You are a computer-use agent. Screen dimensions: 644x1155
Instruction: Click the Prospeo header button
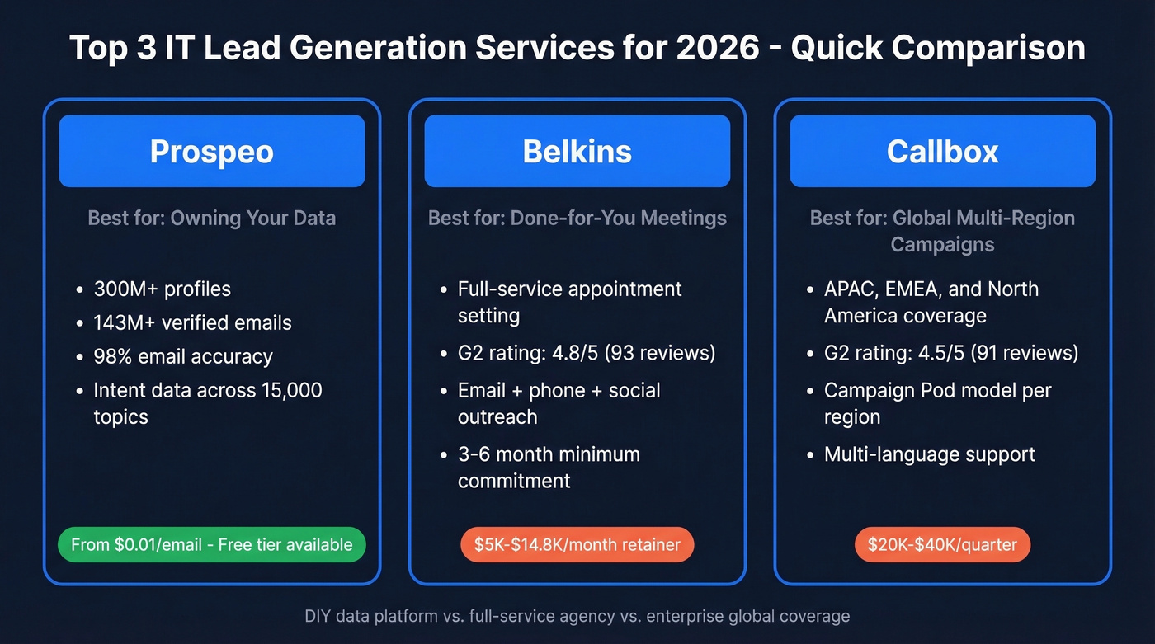tap(211, 151)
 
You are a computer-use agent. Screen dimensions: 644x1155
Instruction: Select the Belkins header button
tap(577, 151)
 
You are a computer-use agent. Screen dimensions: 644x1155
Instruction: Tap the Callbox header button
tap(942, 151)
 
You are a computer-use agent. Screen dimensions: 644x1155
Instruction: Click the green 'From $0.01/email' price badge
tap(211, 544)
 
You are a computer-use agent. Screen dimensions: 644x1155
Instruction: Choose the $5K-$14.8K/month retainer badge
tap(577, 544)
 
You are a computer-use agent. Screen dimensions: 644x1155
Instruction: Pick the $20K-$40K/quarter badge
tap(942, 544)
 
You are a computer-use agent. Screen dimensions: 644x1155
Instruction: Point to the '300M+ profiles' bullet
tap(162, 289)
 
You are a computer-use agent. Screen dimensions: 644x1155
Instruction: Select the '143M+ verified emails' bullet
tap(192, 322)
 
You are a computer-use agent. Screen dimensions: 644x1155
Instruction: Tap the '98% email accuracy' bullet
tap(182, 356)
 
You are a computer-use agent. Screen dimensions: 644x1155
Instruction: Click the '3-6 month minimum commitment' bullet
tap(549, 467)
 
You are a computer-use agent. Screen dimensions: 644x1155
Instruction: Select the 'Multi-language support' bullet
tap(929, 454)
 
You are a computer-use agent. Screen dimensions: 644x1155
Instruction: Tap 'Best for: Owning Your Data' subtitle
tap(211, 219)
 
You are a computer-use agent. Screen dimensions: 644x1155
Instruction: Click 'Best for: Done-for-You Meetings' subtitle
tap(577, 219)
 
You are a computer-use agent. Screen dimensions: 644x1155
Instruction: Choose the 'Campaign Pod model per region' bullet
tap(937, 402)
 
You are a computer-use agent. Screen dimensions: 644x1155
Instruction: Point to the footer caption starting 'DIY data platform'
tap(577, 616)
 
